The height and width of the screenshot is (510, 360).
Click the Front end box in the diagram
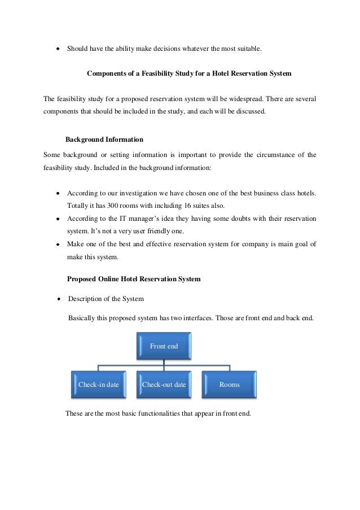tap(164, 346)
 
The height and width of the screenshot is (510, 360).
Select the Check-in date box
tap(99, 385)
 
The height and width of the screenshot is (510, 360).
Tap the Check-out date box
tap(164, 385)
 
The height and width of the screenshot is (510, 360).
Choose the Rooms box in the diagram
tap(229, 385)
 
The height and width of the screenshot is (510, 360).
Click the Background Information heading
tap(104, 139)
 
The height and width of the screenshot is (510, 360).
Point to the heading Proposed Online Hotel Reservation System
tap(133, 279)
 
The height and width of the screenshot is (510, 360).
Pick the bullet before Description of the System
tap(58, 299)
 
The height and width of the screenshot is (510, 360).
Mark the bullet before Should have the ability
tap(58, 49)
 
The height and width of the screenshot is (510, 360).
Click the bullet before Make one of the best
tap(58, 245)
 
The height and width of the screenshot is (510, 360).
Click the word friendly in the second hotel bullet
tap(168, 231)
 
